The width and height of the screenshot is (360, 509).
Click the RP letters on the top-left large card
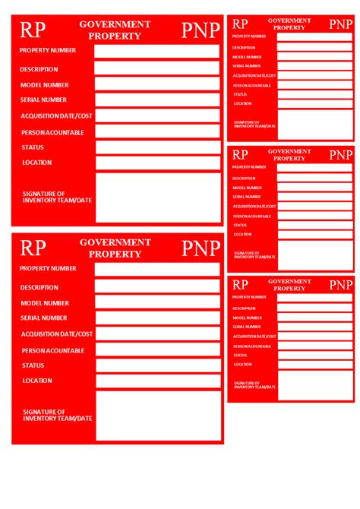tap(33, 30)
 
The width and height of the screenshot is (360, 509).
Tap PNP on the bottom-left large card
tap(201, 248)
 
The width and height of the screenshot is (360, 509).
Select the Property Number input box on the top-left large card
tap(157, 51)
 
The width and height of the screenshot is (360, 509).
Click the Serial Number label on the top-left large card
tap(44, 100)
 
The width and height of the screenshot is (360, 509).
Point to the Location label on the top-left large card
tap(37, 163)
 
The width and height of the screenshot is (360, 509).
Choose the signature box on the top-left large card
tap(157, 198)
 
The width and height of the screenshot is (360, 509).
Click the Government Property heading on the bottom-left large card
tap(115, 248)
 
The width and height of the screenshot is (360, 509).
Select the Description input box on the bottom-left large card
tap(157, 286)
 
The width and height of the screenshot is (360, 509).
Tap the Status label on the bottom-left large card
tap(33, 365)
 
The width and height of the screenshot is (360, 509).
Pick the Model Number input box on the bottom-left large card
tap(157, 302)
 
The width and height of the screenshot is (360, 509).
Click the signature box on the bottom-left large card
tap(157, 416)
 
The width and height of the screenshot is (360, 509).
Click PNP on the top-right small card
tap(340, 24)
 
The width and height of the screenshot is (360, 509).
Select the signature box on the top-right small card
tap(314, 125)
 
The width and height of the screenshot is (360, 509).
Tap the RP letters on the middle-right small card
tap(240, 155)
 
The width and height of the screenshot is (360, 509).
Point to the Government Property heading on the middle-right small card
tap(289, 155)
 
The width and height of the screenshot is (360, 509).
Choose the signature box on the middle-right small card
tap(314, 255)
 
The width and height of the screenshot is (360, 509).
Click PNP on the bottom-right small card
tap(340, 285)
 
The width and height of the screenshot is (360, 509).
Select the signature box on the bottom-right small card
tap(314, 385)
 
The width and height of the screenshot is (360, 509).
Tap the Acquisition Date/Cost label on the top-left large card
tap(57, 115)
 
